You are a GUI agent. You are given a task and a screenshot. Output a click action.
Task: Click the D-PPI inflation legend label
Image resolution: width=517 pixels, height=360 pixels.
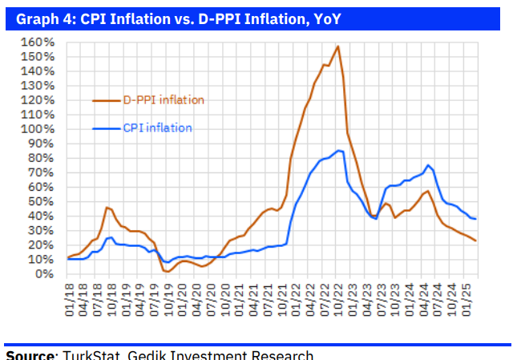(x=163, y=100)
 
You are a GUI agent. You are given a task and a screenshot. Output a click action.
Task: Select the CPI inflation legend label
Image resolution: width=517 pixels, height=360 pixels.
(x=157, y=127)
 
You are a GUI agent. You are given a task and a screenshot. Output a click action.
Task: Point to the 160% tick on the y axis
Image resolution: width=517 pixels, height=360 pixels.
(x=37, y=42)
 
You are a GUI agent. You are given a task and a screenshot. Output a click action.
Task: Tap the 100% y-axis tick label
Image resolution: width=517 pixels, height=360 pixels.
(x=37, y=129)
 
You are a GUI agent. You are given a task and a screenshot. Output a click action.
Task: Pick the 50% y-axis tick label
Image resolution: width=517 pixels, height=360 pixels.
(x=40, y=201)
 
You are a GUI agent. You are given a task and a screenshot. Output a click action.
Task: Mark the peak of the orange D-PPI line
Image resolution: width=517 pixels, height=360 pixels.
(x=337, y=46)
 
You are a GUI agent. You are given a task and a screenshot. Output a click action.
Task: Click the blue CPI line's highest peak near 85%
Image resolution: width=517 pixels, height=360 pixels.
(x=339, y=150)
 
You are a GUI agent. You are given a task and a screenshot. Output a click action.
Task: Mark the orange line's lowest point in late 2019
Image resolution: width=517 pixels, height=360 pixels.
(x=167, y=272)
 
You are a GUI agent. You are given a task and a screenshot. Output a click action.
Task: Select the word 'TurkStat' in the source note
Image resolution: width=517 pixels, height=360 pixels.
(x=90, y=354)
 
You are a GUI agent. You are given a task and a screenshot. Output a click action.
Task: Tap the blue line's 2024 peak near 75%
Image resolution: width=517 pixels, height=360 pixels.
(x=428, y=165)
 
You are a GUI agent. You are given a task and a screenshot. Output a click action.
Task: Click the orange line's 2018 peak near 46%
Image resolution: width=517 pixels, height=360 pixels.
(x=106, y=207)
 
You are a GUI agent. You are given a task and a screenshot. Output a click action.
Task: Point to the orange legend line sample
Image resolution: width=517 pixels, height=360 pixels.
(x=106, y=100)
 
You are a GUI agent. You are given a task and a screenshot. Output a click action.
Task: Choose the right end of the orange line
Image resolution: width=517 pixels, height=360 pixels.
(x=476, y=241)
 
